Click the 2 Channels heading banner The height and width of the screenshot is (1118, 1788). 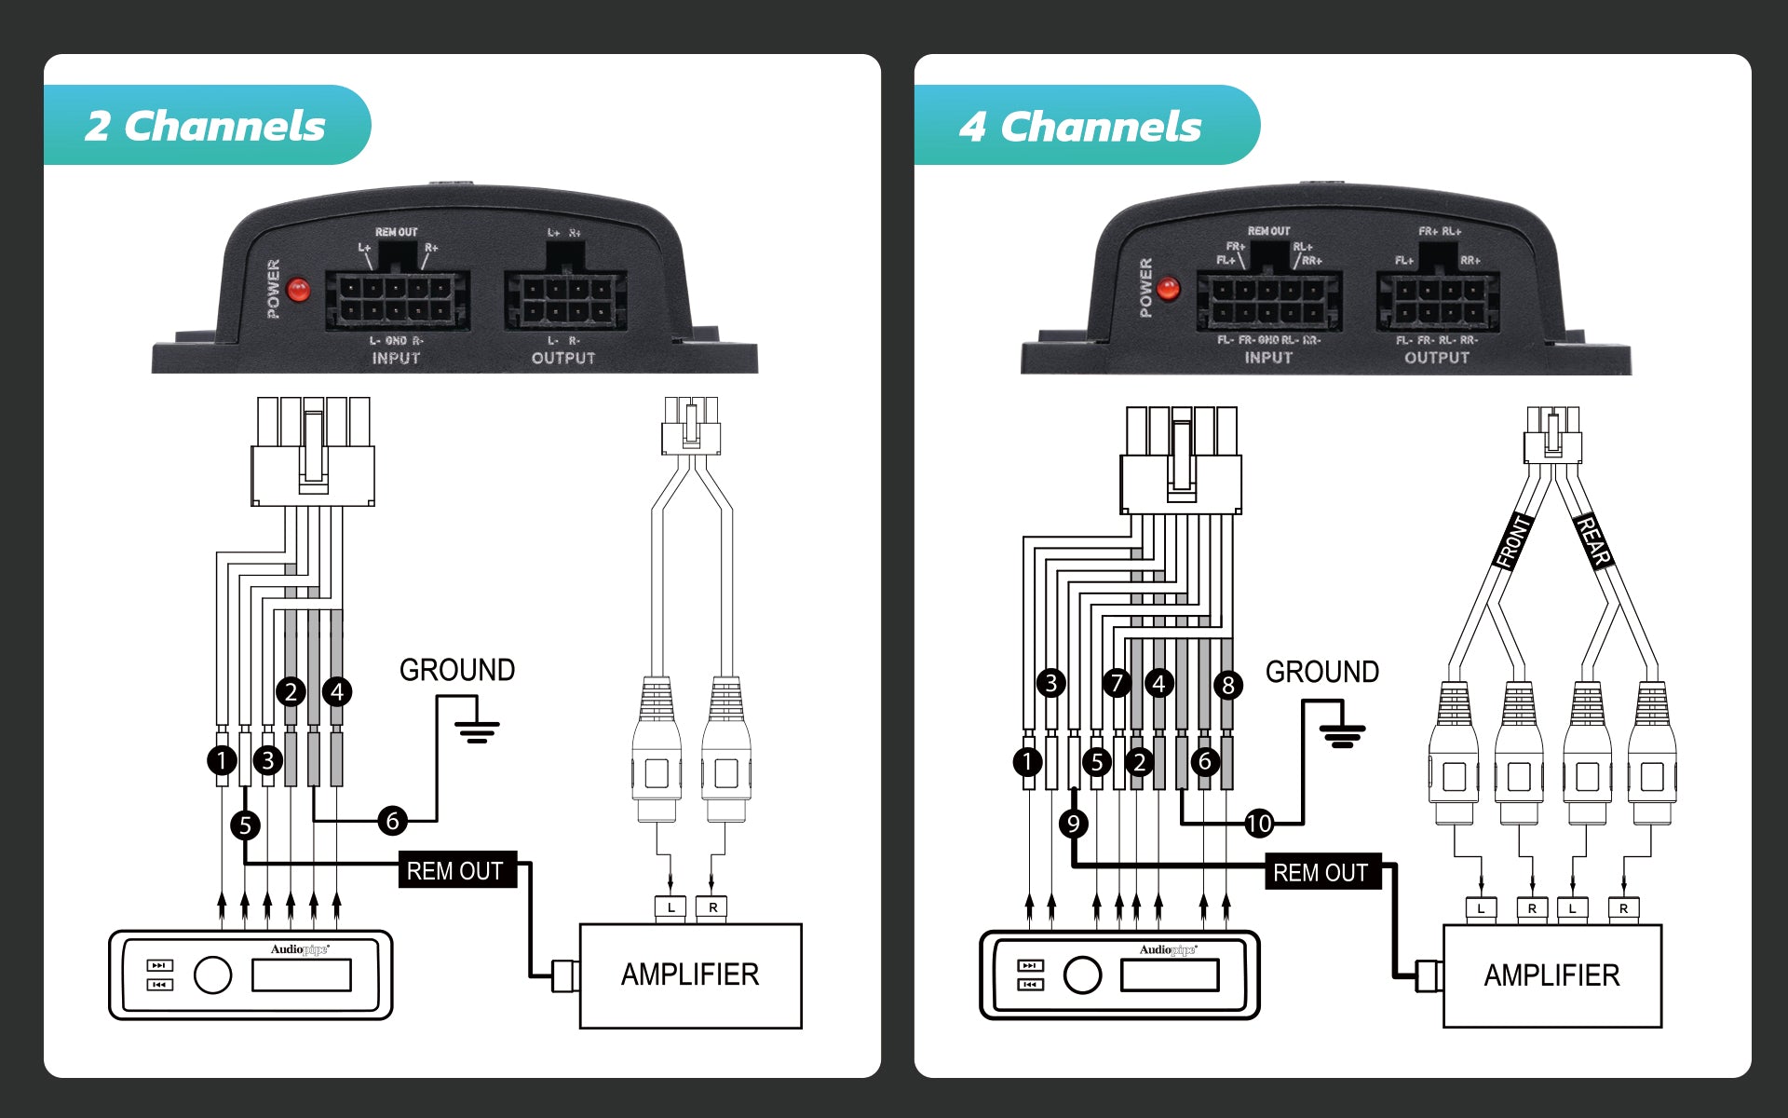point(206,126)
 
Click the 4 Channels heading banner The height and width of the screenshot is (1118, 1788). point(1080,126)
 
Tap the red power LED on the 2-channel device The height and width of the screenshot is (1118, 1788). point(298,290)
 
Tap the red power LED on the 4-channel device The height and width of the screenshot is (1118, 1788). point(1168,289)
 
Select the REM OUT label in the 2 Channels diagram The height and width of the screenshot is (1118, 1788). point(455,870)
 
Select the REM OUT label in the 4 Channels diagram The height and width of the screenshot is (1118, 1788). point(1321,872)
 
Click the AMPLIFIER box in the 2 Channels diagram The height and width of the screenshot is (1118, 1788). point(690,975)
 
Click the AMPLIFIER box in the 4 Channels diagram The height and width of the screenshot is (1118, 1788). point(1551,975)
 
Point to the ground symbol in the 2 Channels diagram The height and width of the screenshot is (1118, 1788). point(477,729)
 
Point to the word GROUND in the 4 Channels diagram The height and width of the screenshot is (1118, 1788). point(1321,672)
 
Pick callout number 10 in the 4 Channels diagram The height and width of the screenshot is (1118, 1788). point(1259,823)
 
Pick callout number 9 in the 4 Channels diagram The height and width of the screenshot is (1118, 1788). point(1074,824)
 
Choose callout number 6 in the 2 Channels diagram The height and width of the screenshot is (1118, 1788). point(392,821)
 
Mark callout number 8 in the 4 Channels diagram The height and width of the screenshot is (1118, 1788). point(1228,686)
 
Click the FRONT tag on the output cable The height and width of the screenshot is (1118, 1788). point(1512,541)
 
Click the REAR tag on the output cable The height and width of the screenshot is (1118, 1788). point(1593,541)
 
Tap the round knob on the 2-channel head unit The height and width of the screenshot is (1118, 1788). point(212,975)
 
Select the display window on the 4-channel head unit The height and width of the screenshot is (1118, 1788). point(1170,975)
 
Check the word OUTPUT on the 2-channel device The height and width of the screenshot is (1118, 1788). point(562,358)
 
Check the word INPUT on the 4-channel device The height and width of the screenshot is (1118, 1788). point(1268,357)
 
